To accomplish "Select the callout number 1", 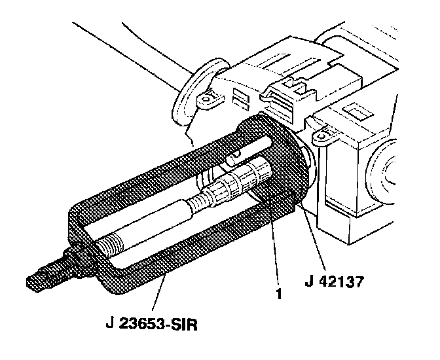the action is tap(280, 294).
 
